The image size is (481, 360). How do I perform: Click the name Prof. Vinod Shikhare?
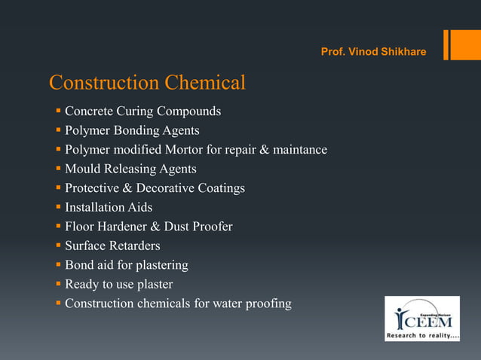point(373,52)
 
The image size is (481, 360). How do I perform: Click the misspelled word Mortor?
point(182,150)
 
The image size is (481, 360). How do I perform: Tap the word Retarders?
point(133,246)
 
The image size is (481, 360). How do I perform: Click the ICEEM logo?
point(421,318)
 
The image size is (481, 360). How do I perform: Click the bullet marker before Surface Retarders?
point(57,246)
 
